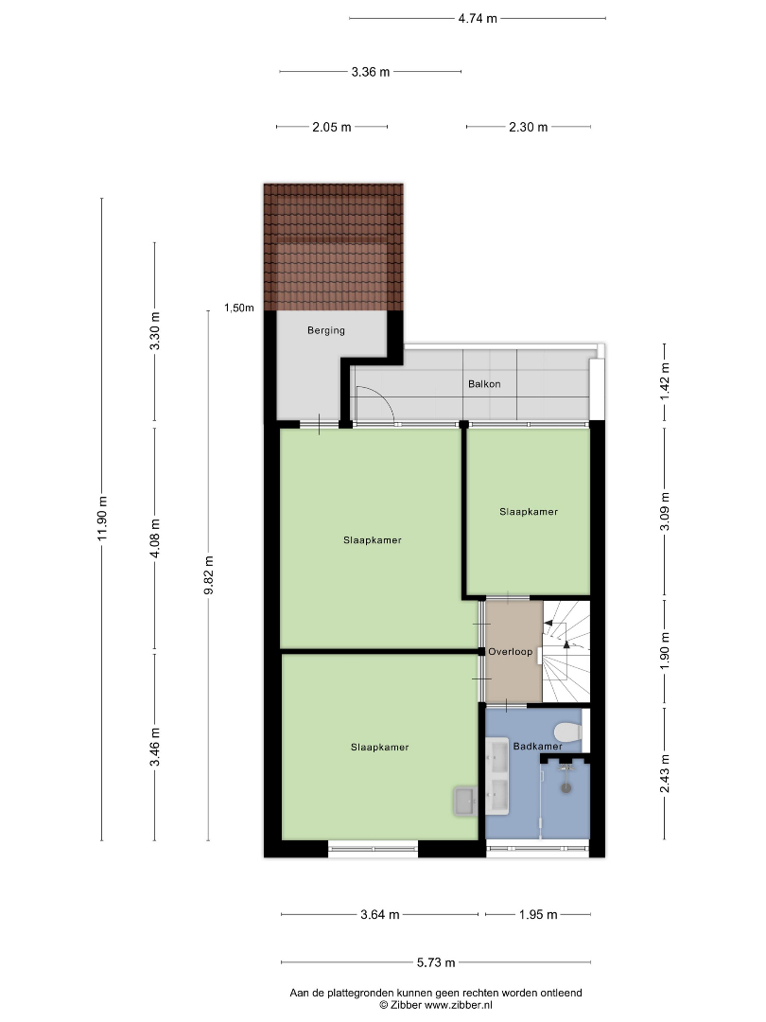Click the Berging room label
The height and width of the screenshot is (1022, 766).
pos(325,330)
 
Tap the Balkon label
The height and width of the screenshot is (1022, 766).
pos(484,384)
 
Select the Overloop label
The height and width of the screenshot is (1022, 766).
pos(510,652)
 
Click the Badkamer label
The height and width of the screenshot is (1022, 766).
pos(537,747)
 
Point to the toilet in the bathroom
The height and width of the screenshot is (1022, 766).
pos(568,732)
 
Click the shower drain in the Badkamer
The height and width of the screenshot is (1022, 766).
pos(566,787)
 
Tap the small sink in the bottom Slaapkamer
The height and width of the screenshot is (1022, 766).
pos(465,801)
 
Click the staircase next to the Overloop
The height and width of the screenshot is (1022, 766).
pos(566,651)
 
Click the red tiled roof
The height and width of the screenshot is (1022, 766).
pos(334,247)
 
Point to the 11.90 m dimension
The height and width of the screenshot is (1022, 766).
pos(101,519)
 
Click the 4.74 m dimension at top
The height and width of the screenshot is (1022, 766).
pos(478,18)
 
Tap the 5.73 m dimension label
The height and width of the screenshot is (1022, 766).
pos(436,962)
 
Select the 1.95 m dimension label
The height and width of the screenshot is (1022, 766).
pos(538,914)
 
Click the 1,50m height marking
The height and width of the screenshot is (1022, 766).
pos(239,308)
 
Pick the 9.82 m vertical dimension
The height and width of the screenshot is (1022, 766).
pos(208,575)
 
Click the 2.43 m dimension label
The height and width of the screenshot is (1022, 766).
pos(665,774)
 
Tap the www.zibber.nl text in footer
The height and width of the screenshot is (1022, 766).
pos(459,1005)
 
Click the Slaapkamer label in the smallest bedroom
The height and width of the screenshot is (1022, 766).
pos(529,512)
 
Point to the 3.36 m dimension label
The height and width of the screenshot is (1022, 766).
pos(371,72)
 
